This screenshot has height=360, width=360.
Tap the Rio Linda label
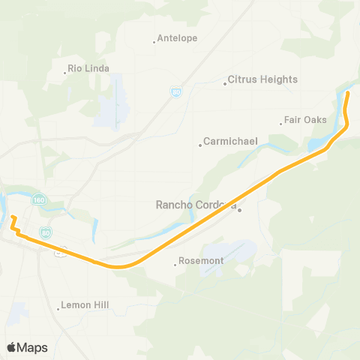88,68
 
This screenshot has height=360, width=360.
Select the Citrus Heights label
262,79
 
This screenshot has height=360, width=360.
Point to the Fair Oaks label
305,119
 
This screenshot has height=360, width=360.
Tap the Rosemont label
200,262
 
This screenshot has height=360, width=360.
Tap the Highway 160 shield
39,199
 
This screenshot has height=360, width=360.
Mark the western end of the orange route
12,218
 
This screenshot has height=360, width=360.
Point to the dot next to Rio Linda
65,73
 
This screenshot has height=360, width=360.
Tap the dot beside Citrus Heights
225,83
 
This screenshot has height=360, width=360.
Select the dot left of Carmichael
200,145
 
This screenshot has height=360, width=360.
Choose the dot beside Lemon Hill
58,306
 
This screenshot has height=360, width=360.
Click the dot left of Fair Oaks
280,123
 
